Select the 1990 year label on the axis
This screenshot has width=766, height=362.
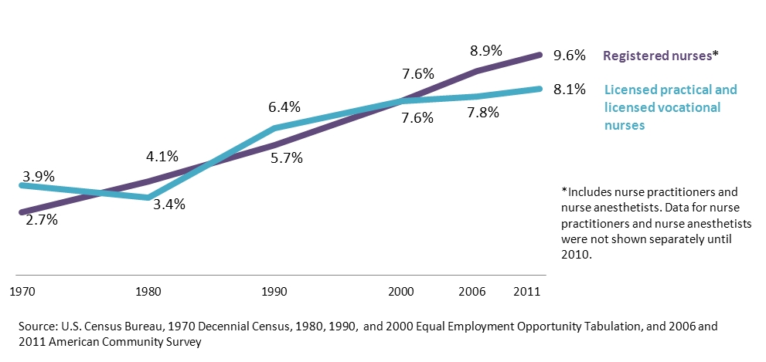tap(275, 293)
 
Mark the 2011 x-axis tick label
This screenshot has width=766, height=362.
tap(526, 293)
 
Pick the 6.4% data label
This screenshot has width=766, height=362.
tap(284, 107)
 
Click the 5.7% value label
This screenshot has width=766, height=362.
tap(286, 158)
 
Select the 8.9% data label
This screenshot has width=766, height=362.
tap(487, 51)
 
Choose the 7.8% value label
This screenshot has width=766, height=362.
tap(484, 113)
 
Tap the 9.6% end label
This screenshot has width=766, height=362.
tap(569, 56)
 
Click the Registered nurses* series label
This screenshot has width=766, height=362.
tap(661, 56)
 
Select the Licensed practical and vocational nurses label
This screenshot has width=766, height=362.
tap(670, 107)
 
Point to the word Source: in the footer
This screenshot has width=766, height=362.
tap(39, 326)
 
